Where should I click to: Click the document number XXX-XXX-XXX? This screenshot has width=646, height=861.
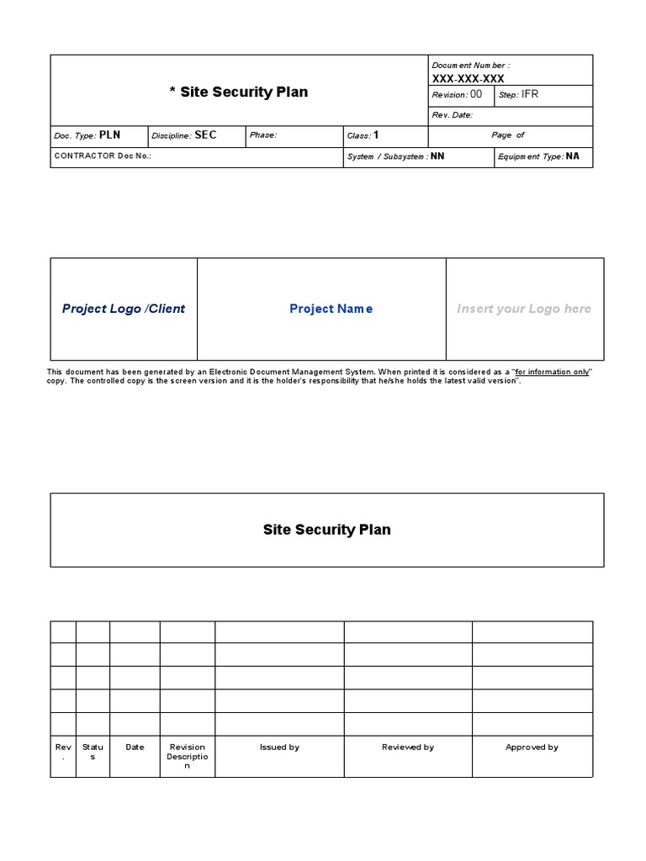point(468,78)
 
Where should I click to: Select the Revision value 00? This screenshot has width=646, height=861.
point(476,95)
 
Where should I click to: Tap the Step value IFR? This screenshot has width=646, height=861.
point(530,95)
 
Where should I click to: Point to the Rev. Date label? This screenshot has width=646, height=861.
point(452,115)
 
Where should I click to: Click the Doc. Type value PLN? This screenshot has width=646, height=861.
point(110,135)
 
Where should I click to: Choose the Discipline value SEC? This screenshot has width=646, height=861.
point(206,135)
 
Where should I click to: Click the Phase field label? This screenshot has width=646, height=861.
point(263,135)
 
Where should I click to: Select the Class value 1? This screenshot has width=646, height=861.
point(376,135)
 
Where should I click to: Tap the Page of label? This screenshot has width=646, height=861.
point(508,135)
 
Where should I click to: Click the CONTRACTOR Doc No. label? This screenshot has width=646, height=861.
point(103,156)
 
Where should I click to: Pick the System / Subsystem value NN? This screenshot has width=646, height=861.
point(437,156)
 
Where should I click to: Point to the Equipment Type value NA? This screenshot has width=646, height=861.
point(573,156)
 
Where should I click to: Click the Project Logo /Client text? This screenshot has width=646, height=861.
point(124,309)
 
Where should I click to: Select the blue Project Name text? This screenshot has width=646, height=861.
point(331,309)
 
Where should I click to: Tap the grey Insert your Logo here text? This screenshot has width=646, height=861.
point(524,309)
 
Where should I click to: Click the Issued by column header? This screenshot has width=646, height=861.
point(279,747)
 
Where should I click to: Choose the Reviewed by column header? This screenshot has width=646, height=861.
point(408,747)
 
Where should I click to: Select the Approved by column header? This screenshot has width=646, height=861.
point(532,747)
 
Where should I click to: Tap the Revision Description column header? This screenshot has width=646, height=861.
point(188,756)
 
